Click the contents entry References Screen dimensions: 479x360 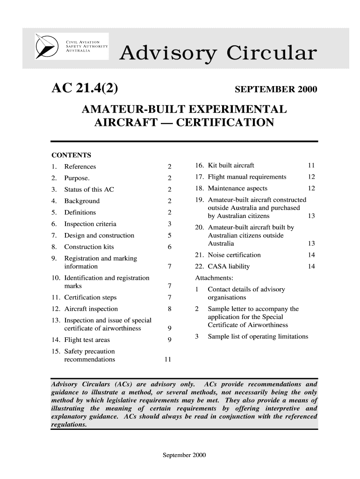pos(80,167)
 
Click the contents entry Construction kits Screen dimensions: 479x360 pos(89,247)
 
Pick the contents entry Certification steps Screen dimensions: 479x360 pos(91,297)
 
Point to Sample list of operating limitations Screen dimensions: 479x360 pos(258,337)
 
